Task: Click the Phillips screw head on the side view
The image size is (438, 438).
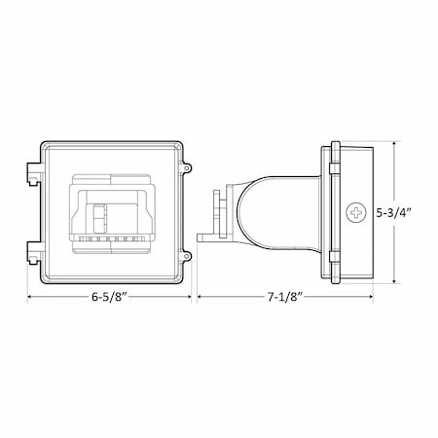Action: pyautogui.click(x=351, y=211)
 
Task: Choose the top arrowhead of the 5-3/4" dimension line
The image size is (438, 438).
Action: pyautogui.click(x=394, y=142)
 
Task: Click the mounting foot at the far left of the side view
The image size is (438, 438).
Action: pyautogui.click(x=204, y=237)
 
